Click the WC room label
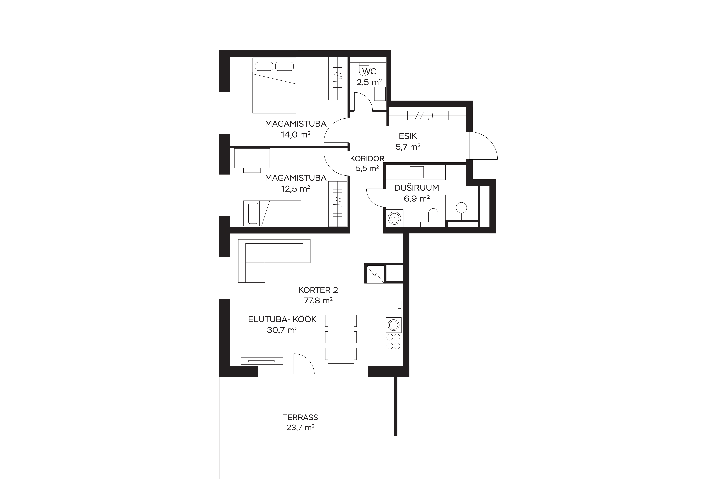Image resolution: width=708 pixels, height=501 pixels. coord(369,72)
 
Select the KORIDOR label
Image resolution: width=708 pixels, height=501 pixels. coord(367,159)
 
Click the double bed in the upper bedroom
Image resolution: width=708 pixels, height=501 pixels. coord(274,85)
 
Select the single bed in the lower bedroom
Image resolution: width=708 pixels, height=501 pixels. coord(272,213)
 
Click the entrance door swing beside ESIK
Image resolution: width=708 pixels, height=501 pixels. coord(483,146)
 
